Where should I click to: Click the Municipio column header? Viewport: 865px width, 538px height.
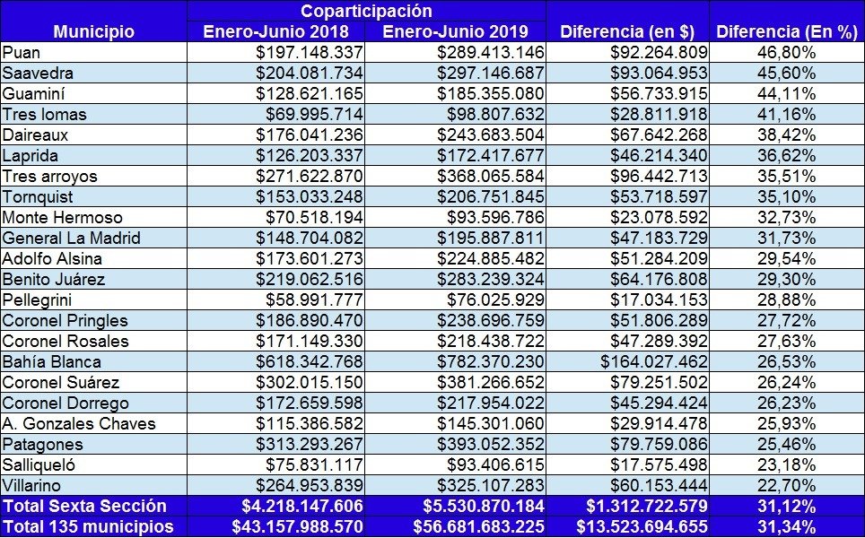94,31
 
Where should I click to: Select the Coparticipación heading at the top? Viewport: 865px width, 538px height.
366,11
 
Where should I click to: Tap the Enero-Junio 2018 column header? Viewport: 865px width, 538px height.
275,31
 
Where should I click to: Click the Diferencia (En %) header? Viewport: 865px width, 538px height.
787,31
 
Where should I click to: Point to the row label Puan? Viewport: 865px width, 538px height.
21,52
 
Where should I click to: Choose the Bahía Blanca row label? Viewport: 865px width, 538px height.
52,361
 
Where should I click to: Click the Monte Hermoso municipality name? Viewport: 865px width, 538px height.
62,217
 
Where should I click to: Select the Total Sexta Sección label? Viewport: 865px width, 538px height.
84,506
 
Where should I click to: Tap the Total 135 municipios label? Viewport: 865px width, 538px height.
88,526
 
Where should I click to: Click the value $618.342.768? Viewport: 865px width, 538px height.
309,361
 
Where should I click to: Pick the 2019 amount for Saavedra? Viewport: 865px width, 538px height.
491,73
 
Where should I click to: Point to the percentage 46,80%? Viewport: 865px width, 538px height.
786,52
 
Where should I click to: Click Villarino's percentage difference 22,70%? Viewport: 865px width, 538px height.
786,486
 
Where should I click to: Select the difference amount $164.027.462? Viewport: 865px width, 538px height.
654,361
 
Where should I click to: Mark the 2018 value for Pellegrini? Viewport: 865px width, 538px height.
314,299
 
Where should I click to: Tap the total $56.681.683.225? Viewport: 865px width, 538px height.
479,526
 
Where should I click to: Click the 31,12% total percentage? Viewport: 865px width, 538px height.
786,506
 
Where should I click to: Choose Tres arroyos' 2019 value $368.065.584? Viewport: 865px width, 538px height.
491,176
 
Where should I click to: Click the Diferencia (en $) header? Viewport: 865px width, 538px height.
627,31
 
